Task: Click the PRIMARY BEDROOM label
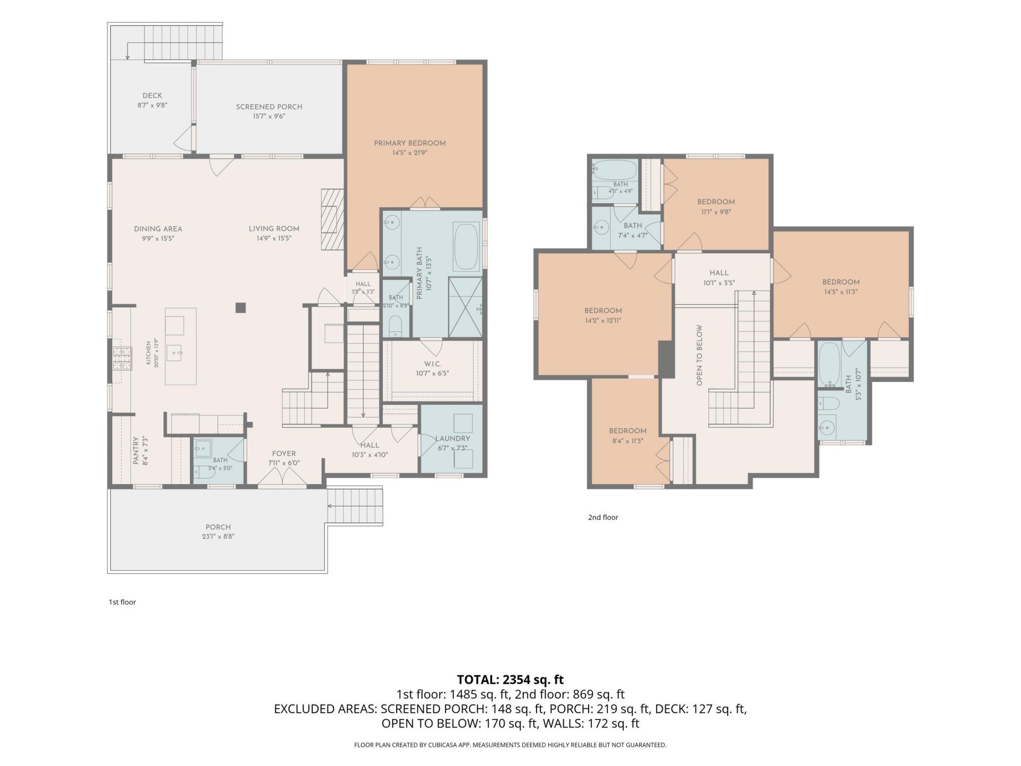click(409, 143)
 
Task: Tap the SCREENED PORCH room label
click(269, 107)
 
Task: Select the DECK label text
click(152, 96)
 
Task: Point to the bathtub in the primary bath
click(467, 247)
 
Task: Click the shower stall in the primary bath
click(465, 307)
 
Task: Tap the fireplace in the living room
click(332, 219)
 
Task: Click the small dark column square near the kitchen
click(241, 307)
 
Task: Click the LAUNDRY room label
click(453, 439)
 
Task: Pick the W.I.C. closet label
click(432, 364)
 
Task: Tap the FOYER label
click(284, 454)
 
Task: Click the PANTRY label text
click(136, 451)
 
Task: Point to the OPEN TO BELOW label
click(699, 355)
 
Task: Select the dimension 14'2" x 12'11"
click(603, 321)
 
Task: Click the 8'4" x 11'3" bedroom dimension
click(628, 441)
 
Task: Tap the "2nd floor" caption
click(603, 517)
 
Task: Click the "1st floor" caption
click(122, 602)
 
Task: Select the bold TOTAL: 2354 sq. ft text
click(510, 680)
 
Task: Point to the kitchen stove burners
click(122, 357)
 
